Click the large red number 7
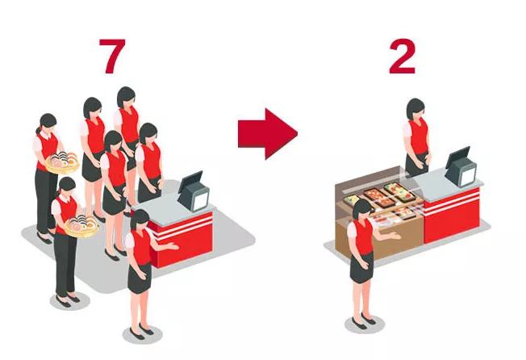(x=112, y=56)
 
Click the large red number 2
(x=403, y=56)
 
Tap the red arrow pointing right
(x=268, y=133)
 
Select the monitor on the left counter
(x=194, y=191)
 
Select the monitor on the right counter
(x=461, y=167)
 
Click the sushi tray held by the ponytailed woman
(x=62, y=162)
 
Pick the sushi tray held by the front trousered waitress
(x=81, y=226)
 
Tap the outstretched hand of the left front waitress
(x=173, y=247)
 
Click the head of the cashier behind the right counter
(x=415, y=109)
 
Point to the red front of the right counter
(x=452, y=215)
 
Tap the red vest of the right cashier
(x=419, y=136)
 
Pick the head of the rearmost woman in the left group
(x=127, y=97)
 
